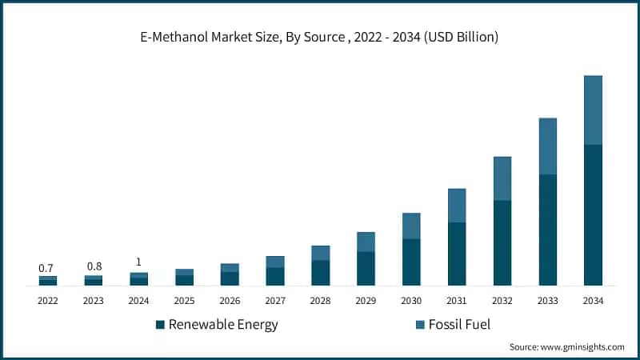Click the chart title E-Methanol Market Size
pos(320,38)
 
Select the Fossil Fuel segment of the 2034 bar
pos(593,110)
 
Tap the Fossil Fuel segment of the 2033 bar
pos(547,146)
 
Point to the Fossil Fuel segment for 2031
pos(457,206)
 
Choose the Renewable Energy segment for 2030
pos(411,262)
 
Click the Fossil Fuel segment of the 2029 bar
pos(366,242)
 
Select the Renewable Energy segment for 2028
pos(321,273)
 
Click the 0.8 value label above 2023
pos(94,266)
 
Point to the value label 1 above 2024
pos(139,262)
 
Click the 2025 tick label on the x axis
pos(184,301)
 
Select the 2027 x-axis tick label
pos(275,301)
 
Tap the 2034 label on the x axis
pos(593,301)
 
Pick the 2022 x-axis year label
pos(48,301)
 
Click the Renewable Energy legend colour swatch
pos(160,325)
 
